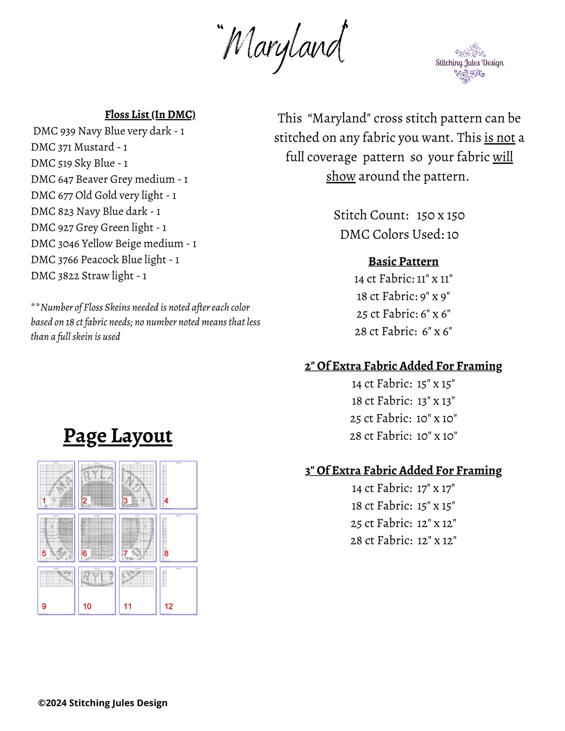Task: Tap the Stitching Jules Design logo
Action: tap(470, 63)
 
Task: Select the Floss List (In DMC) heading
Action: tap(150, 114)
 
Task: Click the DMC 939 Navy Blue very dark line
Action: tap(109, 131)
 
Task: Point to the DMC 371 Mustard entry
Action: tap(79, 147)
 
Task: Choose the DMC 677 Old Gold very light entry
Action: tap(104, 195)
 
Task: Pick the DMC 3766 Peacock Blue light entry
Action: tap(105, 260)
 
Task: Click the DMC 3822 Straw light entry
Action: tap(89, 276)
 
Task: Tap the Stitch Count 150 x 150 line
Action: tap(399, 215)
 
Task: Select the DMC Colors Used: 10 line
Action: tap(399, 234)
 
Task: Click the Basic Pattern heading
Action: tap(403, 261)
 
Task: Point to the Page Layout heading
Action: tap(118, 436)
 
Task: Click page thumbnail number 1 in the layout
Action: tap(56, 485)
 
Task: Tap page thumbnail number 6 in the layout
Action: tap(97, 538)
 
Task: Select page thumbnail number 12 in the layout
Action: tap(179, 591)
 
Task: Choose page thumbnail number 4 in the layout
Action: tap(179, 485)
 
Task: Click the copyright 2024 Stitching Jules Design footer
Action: tap(103, 703)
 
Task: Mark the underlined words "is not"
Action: tap(499, 138)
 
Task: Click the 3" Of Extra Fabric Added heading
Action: tap(403, 470)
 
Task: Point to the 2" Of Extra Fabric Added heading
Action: tap(403, 366)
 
